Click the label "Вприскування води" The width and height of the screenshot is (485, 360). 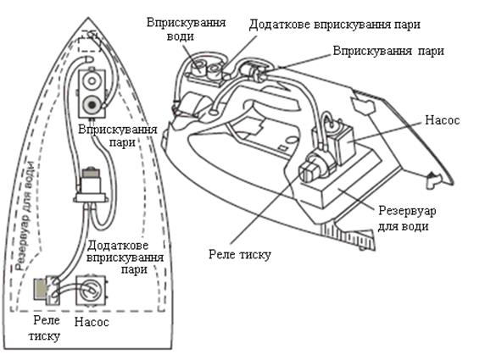(186, 30)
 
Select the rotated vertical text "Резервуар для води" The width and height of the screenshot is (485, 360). (25, 216)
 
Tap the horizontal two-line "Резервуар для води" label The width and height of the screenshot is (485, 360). (407, 219)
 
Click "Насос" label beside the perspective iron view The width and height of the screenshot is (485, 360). (442, 120)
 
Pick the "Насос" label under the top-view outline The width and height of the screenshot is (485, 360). (92, 322)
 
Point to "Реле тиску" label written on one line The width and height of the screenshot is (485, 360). (240, 255)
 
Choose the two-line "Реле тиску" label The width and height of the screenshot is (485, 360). (45, 328)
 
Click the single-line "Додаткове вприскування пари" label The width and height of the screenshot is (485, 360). (335, 25)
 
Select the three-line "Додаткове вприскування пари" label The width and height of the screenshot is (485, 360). (125, 258)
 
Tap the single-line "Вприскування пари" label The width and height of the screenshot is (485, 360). (388, 51)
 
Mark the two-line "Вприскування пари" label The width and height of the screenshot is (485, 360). (118, 136)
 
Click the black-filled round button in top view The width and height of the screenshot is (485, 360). (92, 105)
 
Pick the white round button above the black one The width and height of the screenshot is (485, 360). (92, 80)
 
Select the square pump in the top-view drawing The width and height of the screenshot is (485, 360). (91, 291)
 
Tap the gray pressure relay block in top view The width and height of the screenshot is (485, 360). (40, 289)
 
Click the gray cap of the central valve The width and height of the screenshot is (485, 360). (91, 173)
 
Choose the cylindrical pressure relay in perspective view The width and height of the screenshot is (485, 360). (314, 166)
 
